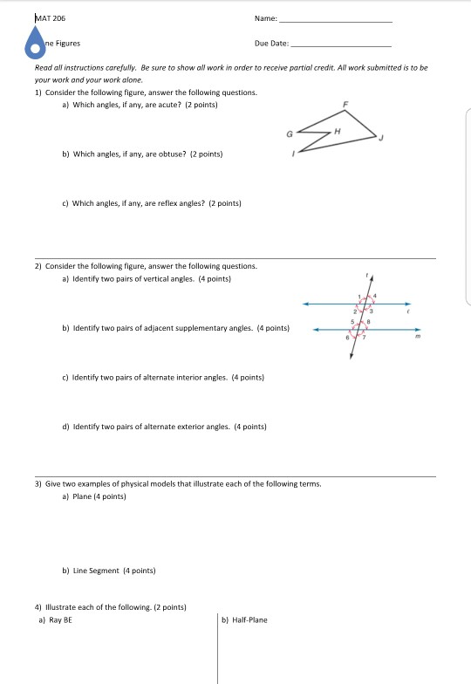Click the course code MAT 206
(x=50, y=17)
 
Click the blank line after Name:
(x=336, y=20)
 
